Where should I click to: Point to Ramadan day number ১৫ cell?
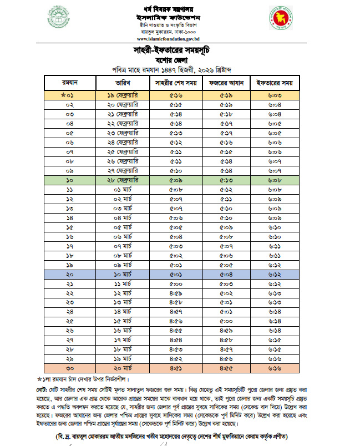(70, 227)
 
